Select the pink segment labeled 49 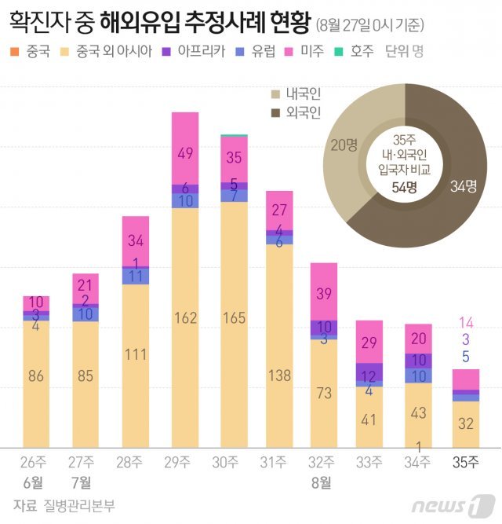coord(185,154)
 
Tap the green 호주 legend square coord(339,53)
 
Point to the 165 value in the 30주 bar coord(234,319)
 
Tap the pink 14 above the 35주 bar coord(466,322)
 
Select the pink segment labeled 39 coord(323,292)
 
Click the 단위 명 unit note coord(406,53)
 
